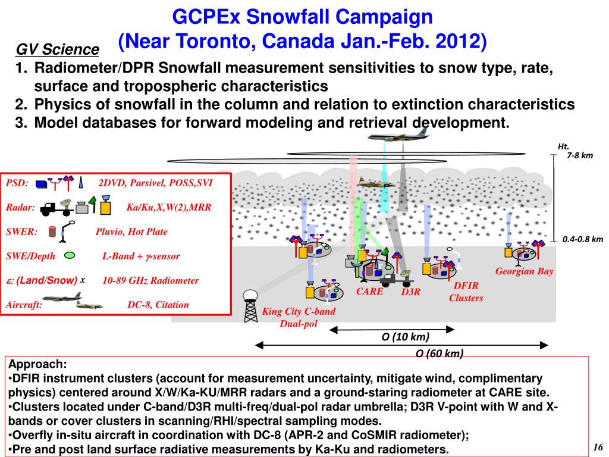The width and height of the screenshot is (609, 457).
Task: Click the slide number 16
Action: (x=598, y=447)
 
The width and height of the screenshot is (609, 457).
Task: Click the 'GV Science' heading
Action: (x=57, y=49)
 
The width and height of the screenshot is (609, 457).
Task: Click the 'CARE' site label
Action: (x=369, y=292)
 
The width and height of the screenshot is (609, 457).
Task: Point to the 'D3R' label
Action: (x=410, y=292)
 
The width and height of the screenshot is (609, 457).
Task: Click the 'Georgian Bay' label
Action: (x=525, y=271)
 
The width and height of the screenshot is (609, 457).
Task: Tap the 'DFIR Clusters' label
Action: (x=466, y=292)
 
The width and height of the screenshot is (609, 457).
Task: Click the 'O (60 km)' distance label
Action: (x=439, y=353)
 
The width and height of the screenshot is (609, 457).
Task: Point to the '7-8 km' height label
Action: (x=580, y=155)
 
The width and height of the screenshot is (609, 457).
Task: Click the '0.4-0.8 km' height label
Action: (x=583, y=239)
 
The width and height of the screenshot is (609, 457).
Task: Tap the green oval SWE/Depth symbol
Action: (x=70, y=255)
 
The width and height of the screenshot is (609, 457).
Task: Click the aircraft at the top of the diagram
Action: (x=390, y=136)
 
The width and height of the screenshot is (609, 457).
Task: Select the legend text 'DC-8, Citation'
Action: (x=158, y=305)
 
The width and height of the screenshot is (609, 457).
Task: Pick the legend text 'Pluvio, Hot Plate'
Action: (x=131, y=231)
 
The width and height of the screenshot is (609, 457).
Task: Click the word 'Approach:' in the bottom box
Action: (x=37, y=364)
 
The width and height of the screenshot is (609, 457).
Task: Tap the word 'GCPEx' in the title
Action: (x=206, y=16)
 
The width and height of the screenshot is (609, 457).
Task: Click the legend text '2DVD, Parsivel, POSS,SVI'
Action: (x=155, y=183)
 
